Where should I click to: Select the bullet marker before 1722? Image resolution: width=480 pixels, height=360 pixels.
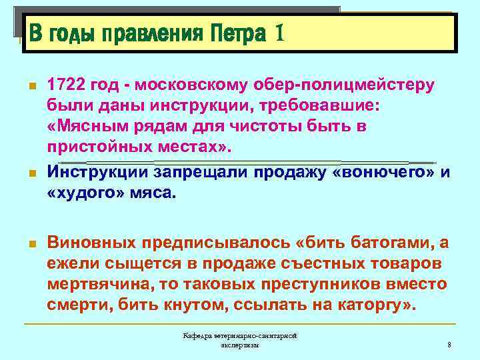click(x=29, y=87)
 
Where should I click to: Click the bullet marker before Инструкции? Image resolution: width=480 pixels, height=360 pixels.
click(x=29, y=173)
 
